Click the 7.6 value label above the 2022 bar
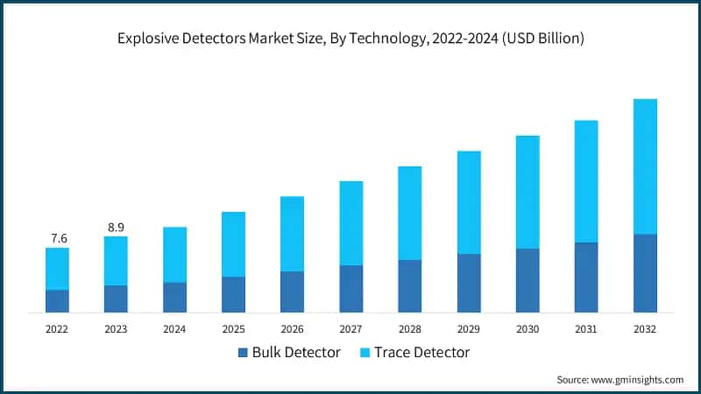tap(57, 238)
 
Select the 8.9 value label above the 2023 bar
tap(116, 227)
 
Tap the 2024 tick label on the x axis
tap(174, 328)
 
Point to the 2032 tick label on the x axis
tap(644, 328)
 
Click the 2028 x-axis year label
tap(409, 328)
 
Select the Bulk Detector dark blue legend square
tap(242, 353)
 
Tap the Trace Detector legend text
tap(421, 353)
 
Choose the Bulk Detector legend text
tap(296, 353)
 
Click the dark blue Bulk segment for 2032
tap(644, 273)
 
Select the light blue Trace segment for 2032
tap(644, 166)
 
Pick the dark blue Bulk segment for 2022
tap(57, 301)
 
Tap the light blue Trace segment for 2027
tap(350, 223)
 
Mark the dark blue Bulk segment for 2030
tap(527, 280)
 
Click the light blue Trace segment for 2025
tap(233, 244)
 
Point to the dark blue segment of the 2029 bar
tap(468, 283)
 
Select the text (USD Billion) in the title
tap(541, 39)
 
